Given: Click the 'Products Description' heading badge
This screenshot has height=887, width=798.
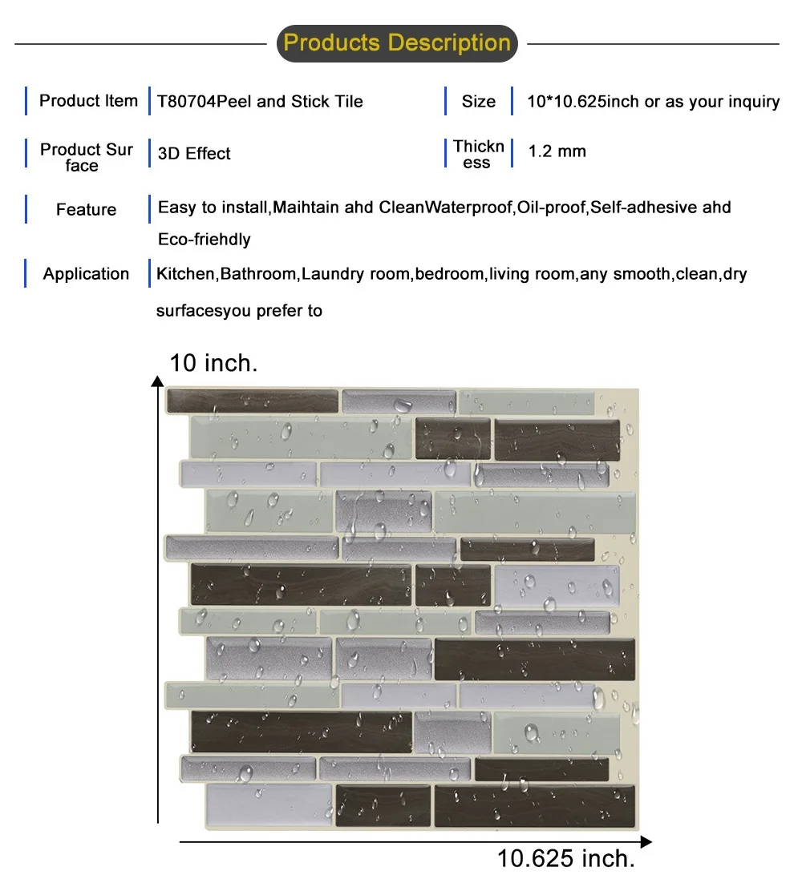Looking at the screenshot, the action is pos(397,42).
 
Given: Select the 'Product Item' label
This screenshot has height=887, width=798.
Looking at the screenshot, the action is pos(88,101).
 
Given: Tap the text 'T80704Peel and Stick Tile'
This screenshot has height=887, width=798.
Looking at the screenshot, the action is pos(261,102).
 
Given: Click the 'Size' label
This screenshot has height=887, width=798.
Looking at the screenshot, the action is pos(478,102).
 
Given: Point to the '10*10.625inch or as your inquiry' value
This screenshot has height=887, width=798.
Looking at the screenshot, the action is pos(653,102).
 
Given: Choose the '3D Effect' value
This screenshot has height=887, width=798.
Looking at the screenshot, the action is pos(195,154).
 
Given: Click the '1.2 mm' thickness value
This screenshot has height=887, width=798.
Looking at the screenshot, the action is pos(557,151).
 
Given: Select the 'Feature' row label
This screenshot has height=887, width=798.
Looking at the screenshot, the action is pos(86,210).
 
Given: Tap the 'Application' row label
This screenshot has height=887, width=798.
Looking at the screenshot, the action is pos(86,274).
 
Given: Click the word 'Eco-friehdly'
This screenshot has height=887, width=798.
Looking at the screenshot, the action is pos(204,240).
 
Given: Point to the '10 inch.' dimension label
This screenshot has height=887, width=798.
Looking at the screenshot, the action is pos(213,363).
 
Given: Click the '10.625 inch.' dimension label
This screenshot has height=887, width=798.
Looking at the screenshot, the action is pos(566,860).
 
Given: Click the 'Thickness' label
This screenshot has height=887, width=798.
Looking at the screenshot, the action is pos(478,154).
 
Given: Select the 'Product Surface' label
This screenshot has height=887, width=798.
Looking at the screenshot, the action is pos(86,157).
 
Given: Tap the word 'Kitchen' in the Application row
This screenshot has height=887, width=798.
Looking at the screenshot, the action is pos(186,274).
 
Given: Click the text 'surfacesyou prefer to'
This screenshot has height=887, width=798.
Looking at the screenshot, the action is pos(239,311).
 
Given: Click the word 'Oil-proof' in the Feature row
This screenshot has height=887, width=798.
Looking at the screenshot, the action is pos(552,208).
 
